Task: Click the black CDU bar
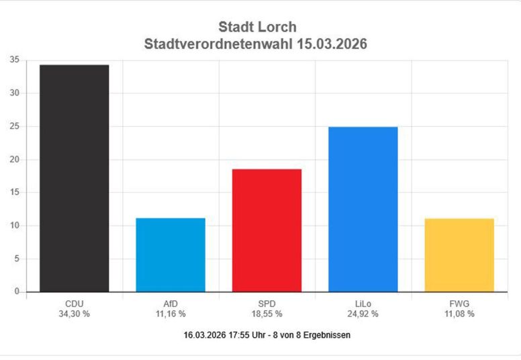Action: click(x=75, y=178)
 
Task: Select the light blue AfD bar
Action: click(x=171, y=255)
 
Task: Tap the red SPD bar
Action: click(x=267, y=230)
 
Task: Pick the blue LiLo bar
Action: click(x=363, y=209)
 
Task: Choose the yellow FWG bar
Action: click(x=459, y=255)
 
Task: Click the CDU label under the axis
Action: click(x=75, y=304)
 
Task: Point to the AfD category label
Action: click(x=171, y=304)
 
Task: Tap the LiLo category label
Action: click(x=363, y=304)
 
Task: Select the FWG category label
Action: click(x=459, y=304)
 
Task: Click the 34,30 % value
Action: click(x=75, y=314)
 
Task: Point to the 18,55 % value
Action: click(x=267, y=314)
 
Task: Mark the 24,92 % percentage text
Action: click(x=363, y=314)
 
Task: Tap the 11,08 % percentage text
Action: click(x=459, y=314)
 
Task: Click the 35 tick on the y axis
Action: click(x=14, y=60)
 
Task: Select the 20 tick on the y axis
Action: click(x=14, y=159)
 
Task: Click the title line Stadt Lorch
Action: click(x=257, y=28)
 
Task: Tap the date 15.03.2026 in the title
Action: click(x=330, y=44)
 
